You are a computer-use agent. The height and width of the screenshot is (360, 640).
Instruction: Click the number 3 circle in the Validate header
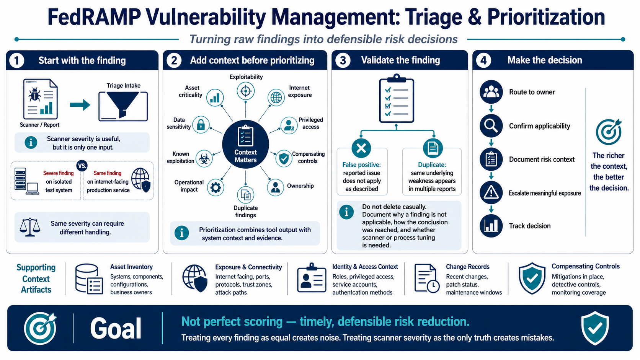tap(343, 60)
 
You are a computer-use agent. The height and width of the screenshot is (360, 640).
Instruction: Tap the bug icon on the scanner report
tap(34, 94)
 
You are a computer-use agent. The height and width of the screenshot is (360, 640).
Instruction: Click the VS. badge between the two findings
tap(82, 166)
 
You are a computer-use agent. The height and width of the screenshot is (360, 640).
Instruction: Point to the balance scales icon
tap(30, 227)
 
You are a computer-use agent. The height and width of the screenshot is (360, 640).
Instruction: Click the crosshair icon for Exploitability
tap(245, 91)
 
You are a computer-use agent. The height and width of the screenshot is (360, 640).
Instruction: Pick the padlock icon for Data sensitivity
tap(201, 125)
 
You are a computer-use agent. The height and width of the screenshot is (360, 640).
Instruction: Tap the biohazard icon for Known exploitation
tap(204, 158)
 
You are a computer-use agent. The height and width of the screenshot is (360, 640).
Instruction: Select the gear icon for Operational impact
tap(216, 187)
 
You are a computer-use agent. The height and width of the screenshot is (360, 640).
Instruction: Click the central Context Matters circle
tap(245, 144)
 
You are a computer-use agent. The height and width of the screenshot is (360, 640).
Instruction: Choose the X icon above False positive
tap(361, 148)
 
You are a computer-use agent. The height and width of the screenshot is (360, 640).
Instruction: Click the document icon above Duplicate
tap(433, 148)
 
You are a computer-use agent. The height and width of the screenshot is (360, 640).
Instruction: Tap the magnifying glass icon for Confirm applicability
tap(491, 125)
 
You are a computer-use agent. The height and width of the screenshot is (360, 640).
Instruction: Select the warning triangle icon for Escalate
tap(491, 193)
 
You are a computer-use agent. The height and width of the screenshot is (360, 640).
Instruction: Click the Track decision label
tap(530, 226)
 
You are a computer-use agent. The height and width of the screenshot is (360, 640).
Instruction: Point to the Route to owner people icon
tap(491, 92)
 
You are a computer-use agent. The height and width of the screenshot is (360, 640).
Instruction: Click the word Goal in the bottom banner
tap(116, 328)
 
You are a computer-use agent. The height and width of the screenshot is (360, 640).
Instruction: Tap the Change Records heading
tap(468, 267)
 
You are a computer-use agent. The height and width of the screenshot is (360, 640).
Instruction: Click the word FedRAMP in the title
tap(94, 17)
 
